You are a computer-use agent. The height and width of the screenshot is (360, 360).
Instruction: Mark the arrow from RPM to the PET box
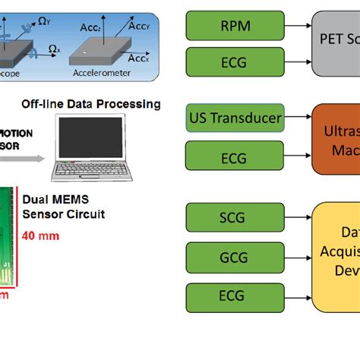point(298,27)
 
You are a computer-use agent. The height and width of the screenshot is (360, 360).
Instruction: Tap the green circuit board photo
point(9,243)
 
